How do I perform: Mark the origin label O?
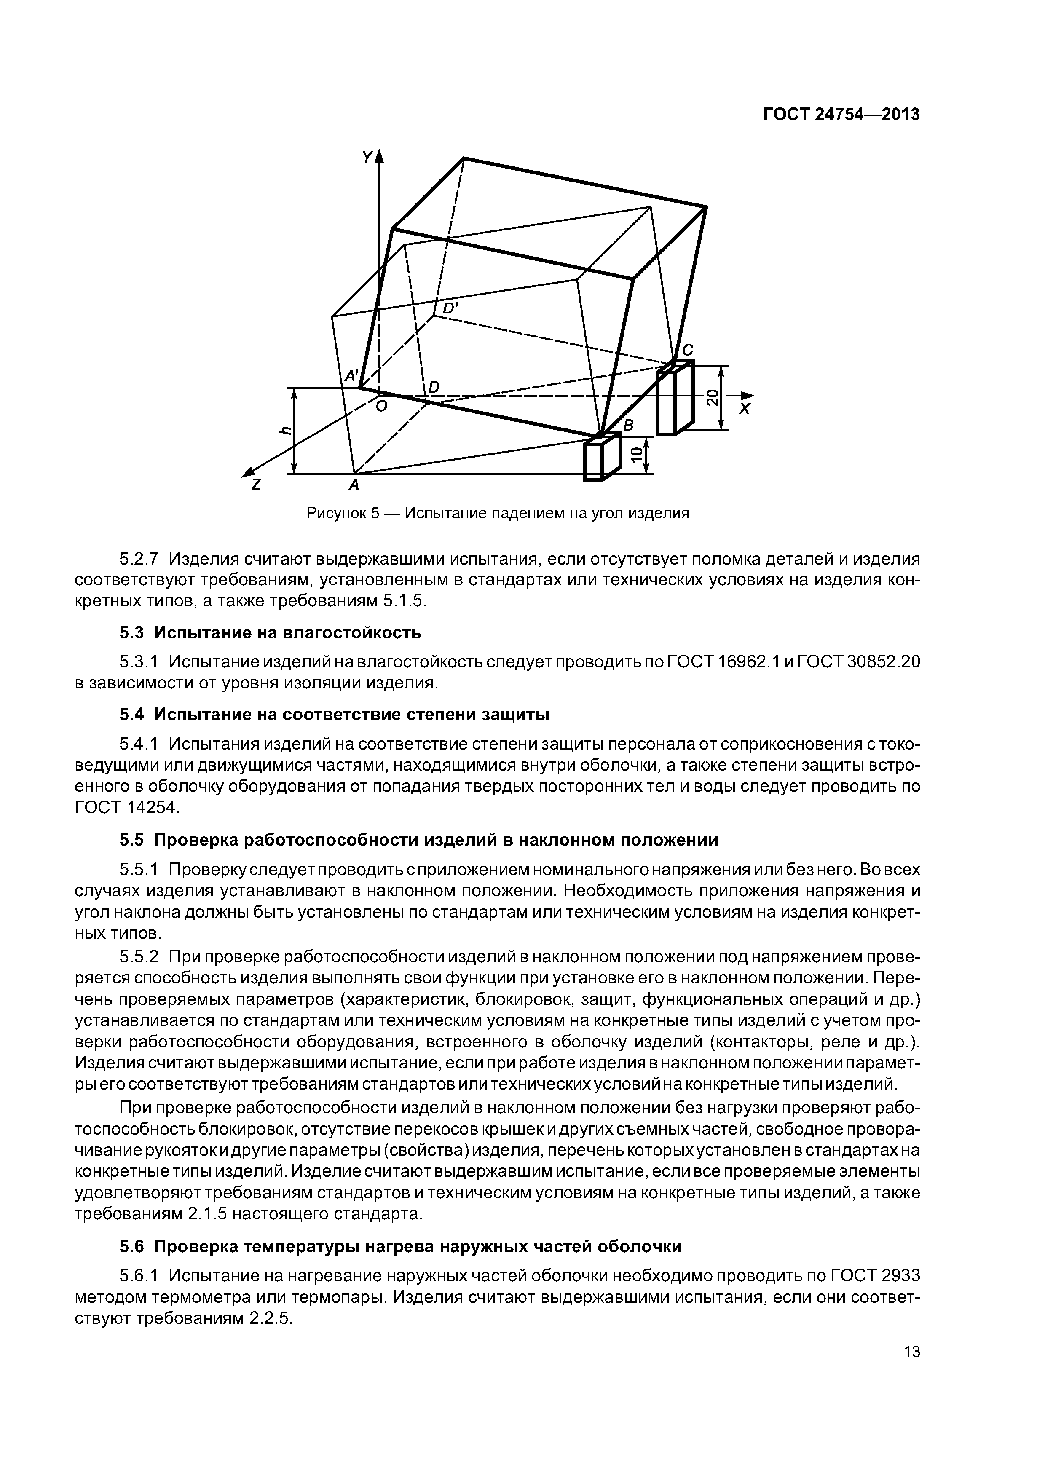tap(381, 407)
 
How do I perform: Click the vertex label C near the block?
tap(688, 350)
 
